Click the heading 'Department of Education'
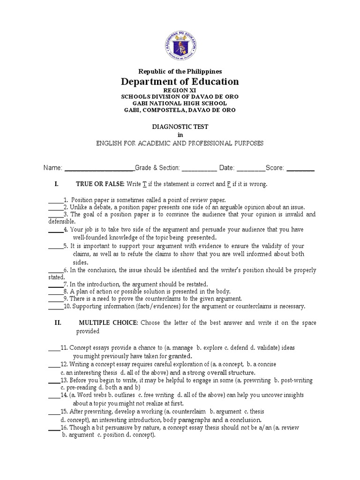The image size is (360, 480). tap(180, 82)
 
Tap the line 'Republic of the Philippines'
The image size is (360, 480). tap(180, 71)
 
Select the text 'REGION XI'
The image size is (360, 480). tap(180, 90)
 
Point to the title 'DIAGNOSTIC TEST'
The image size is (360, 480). tap(180, 127)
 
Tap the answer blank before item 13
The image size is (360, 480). tap(53, 381)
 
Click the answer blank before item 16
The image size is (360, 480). tap(53, 428)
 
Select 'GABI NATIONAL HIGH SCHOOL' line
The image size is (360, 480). tap(180, 103)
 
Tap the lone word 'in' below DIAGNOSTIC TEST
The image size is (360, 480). tap(180, 135)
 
